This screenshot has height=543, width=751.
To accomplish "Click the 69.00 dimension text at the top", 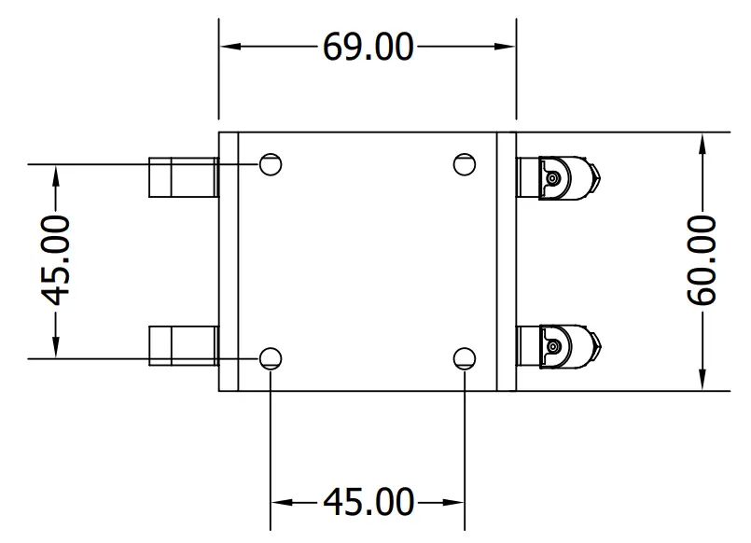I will pyautogui.click(x=368, y=46).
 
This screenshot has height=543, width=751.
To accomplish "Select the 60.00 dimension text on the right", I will pyautogui.click(x=701, y=260).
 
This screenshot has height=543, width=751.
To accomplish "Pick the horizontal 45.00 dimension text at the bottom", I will pyautogui.click(x=368, y=502).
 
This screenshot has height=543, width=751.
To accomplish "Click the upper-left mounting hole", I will pyautogui.click(x=271, y=164).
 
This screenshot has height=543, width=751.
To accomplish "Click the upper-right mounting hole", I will pyautogui.click(x=464, y=164).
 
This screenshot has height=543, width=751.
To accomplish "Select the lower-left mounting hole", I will pyautogui.click(x=271, y=358).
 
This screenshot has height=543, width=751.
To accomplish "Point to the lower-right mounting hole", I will pyautogui.click(x=464, y=358).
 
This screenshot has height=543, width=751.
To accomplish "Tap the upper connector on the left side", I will pyautogui.click(x=183, y=177).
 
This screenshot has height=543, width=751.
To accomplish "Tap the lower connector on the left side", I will pyautogui.click(x=183, y=345).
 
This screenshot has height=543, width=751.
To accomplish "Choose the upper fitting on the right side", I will pyautogui.click(x=556, y=177).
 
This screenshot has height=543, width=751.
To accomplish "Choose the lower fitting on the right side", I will pyautogui.click(x=556, y=345).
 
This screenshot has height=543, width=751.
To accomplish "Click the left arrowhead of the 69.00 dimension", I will pyautogui.click(x=229, y=46).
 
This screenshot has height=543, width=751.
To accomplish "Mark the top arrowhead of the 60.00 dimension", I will pyautogui.click(x=701, y=142).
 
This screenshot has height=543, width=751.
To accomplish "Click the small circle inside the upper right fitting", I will pyautogui.click(x=553, y=177).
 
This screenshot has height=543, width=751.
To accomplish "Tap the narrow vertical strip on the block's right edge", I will pyautogui.click(x=506, y=261).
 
